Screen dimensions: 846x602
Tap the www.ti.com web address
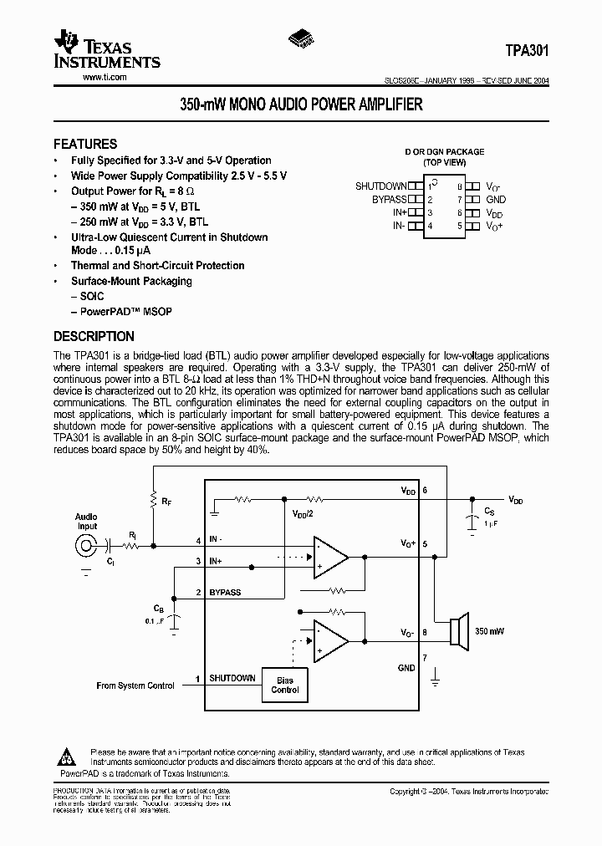click(105, 78)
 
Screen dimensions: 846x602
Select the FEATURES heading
click(85, 144)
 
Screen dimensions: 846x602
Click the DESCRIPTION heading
click(94, 337)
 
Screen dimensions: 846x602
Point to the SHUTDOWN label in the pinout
click(380, 186)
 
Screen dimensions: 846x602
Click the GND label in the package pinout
click(496, 200)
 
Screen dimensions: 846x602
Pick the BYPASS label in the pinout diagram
click(389, 200)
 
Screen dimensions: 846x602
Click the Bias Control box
click(285, 685)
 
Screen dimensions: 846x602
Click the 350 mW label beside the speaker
click(490, 631)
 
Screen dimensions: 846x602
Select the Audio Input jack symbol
click(85, 546)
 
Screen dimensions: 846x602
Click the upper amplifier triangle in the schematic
click(329, 556)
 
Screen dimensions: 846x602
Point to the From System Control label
click(135, 685)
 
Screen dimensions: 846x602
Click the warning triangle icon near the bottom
click(66, 757)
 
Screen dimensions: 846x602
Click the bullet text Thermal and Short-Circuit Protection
click(157, 266)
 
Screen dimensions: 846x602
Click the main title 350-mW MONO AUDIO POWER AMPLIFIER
click(301, 105)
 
